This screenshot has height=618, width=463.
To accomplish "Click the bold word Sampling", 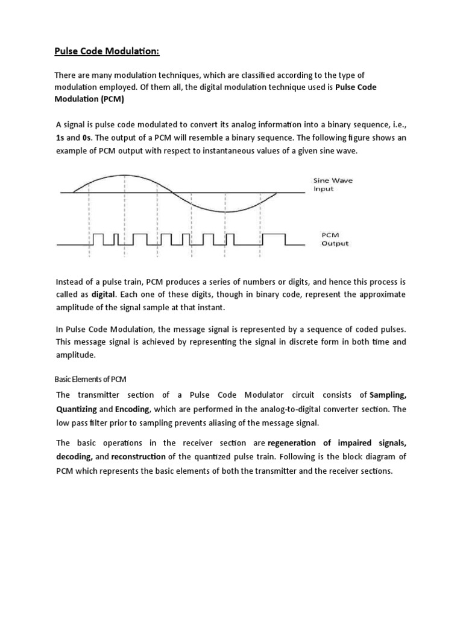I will coord(388,395).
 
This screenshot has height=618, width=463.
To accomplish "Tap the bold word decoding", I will coord(74,457).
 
